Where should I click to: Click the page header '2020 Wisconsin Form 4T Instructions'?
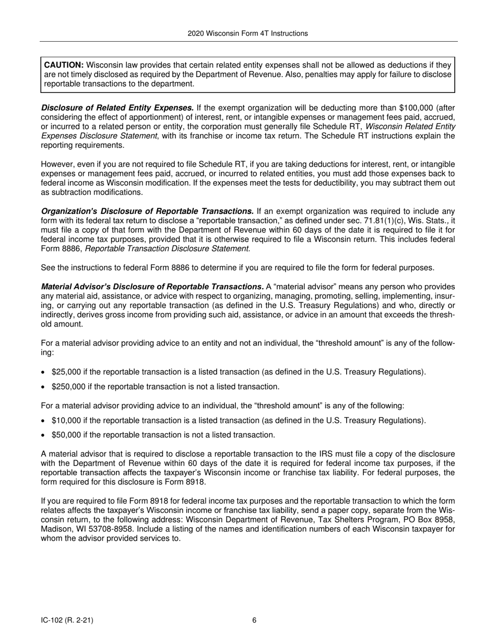click(x=247, y=33)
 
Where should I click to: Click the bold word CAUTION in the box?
click(x=64, y=65)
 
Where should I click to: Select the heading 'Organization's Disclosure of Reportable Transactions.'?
click(x=147, y=211)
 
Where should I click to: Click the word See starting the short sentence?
click(x=48, y=268)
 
